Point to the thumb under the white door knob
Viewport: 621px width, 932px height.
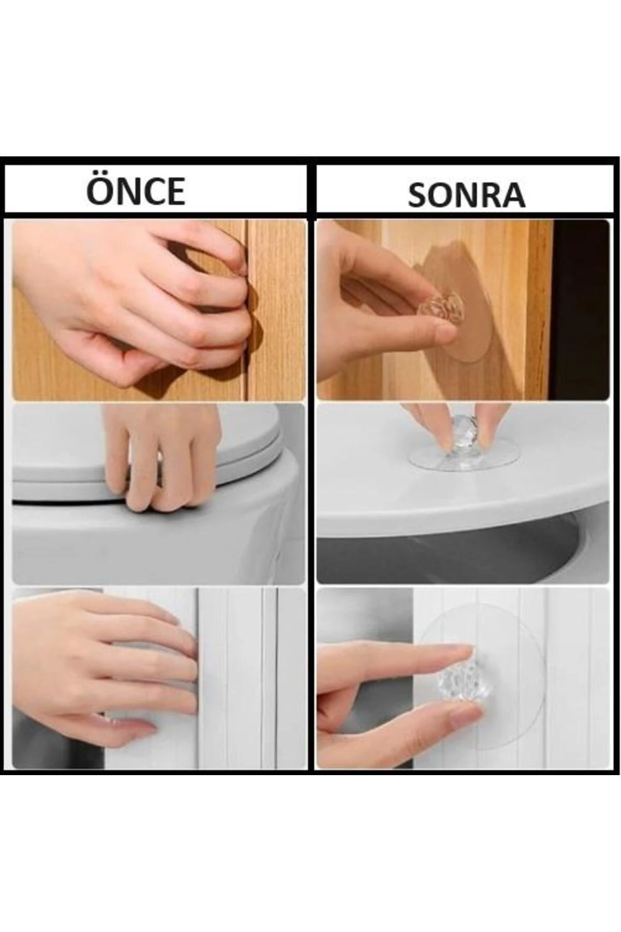point(455,717)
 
